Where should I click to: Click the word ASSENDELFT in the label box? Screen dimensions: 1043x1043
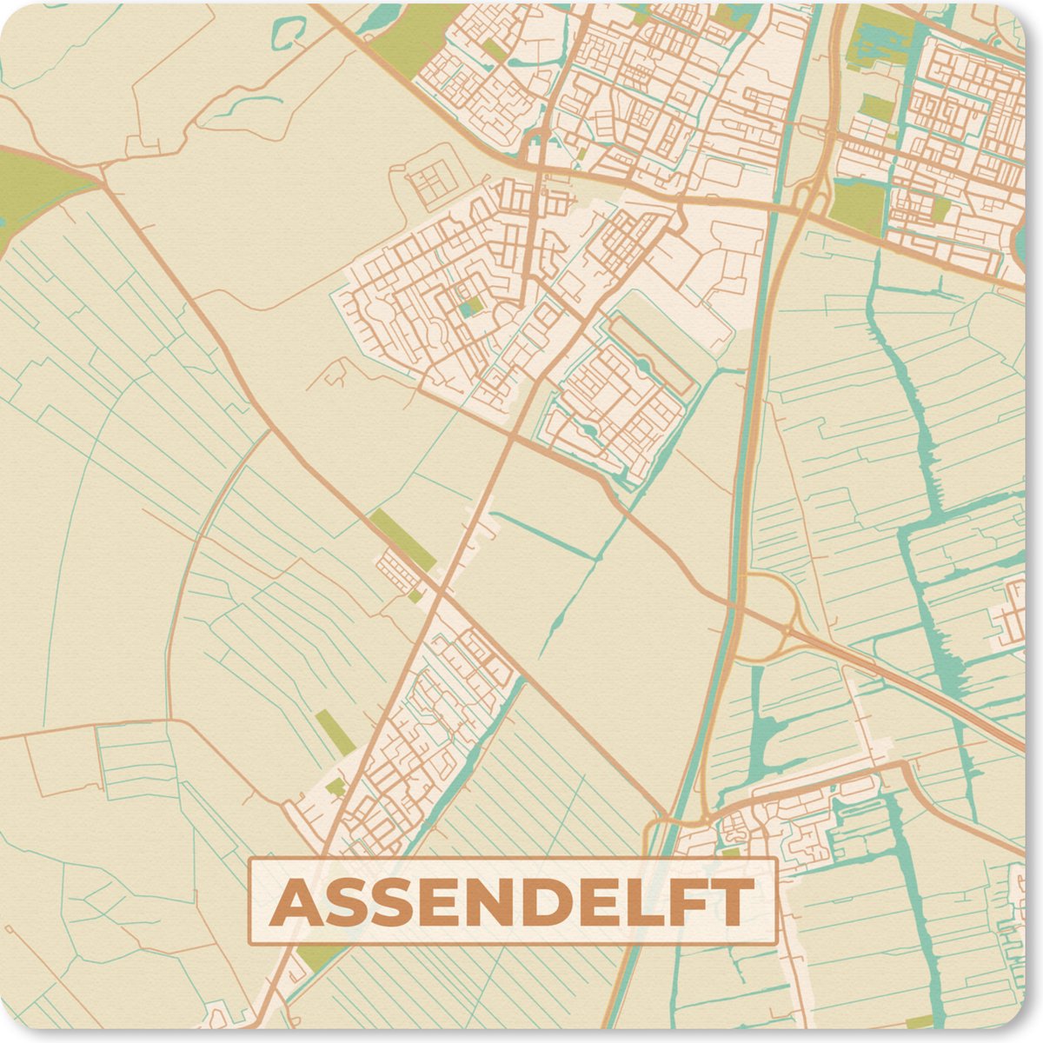click(512, 902)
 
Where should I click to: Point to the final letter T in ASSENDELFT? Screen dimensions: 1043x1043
click(732, 902)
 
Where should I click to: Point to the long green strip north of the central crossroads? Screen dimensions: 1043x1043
click(402, 540)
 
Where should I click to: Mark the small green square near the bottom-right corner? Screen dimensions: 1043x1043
click(917, 1022)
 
